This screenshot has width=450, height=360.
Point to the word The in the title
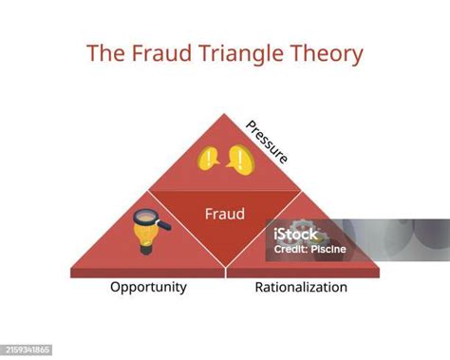(103, 53)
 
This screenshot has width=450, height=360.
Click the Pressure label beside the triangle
(267, 142)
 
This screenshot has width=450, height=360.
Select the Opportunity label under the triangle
(148, 287)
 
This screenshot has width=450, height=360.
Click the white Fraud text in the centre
(225, 214)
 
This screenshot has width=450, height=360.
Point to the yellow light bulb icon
(145, 234)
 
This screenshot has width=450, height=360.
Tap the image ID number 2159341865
(28, 351)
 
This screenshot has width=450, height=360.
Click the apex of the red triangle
(225, 114)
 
